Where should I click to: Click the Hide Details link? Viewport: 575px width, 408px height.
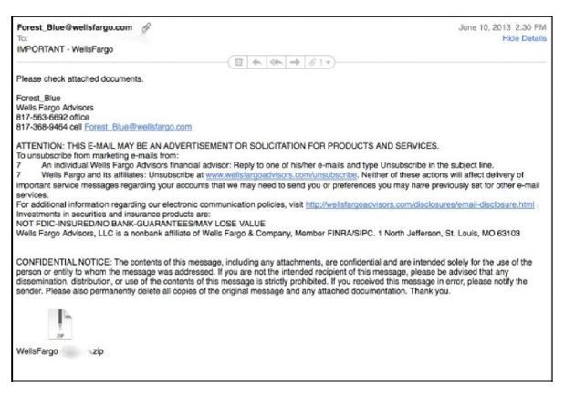coord(525,39)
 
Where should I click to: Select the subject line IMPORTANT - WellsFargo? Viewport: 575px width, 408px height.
coord(64,49)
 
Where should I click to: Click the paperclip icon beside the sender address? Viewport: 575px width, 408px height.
coord(146,27)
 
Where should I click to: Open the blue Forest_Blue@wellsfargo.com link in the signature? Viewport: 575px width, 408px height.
coord(144,126)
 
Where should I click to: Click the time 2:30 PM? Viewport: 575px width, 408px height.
coord(531,27)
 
